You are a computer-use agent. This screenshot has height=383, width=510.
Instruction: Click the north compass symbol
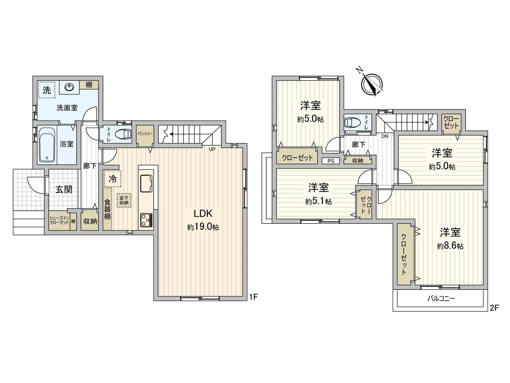372,84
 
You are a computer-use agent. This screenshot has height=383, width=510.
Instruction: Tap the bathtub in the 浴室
47,145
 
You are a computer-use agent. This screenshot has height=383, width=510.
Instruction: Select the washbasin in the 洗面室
69,87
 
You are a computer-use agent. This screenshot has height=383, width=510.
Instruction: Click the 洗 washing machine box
47,90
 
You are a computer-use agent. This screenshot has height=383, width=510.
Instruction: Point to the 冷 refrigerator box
113,179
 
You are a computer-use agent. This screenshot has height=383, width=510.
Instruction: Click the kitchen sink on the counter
146,184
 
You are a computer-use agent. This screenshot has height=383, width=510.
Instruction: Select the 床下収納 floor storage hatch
124,200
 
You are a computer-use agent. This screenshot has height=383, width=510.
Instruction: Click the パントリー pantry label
145,134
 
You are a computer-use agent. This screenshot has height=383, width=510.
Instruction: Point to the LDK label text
203,213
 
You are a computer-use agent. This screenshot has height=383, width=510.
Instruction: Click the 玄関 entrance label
64,189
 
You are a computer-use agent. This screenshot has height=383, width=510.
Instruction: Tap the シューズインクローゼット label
59,220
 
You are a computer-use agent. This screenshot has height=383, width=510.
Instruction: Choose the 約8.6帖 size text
450,246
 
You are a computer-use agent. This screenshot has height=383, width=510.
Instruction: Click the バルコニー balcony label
441,299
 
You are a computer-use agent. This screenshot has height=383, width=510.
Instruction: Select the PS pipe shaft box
331,161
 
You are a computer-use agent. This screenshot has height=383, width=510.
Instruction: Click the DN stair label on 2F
385,136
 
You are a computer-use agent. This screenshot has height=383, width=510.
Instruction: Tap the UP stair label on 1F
212,149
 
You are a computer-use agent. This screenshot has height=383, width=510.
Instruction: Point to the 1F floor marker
253,297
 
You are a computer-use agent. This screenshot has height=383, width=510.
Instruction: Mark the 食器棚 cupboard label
107,209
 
